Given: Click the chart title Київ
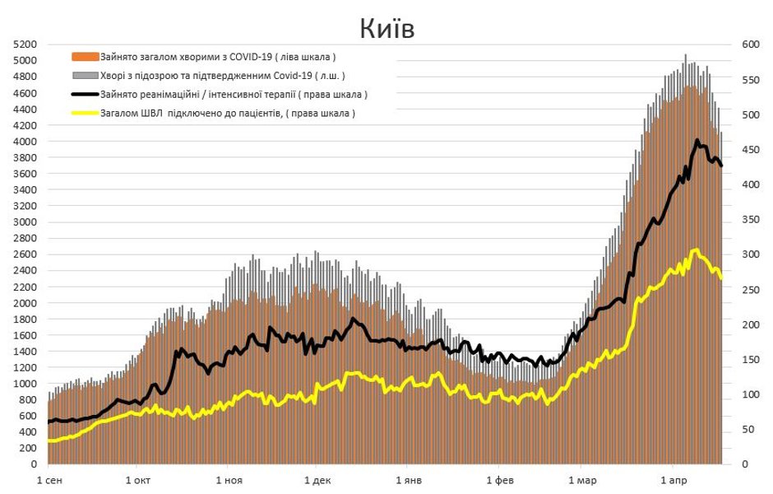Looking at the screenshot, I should [x=386, y=28].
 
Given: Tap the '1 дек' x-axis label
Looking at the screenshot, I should [x=317, y=479].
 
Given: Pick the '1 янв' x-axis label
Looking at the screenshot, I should [x=408, y=479].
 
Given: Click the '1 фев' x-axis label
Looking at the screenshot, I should [x=499, y=479].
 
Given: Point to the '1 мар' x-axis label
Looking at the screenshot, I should [x=582, y=479].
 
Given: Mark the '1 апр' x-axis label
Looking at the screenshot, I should [x=673, y=479].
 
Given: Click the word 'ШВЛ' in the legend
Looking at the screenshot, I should [x=155, y=114].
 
